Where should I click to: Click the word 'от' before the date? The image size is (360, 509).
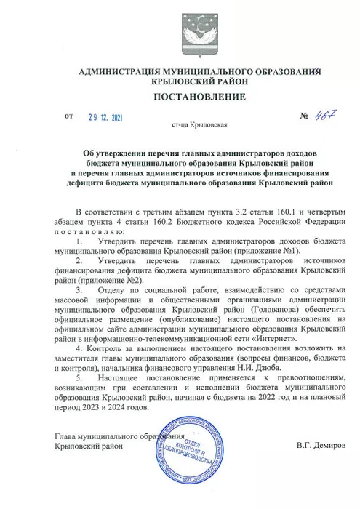[69, 114]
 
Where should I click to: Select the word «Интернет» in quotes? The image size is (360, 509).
[274, 339]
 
